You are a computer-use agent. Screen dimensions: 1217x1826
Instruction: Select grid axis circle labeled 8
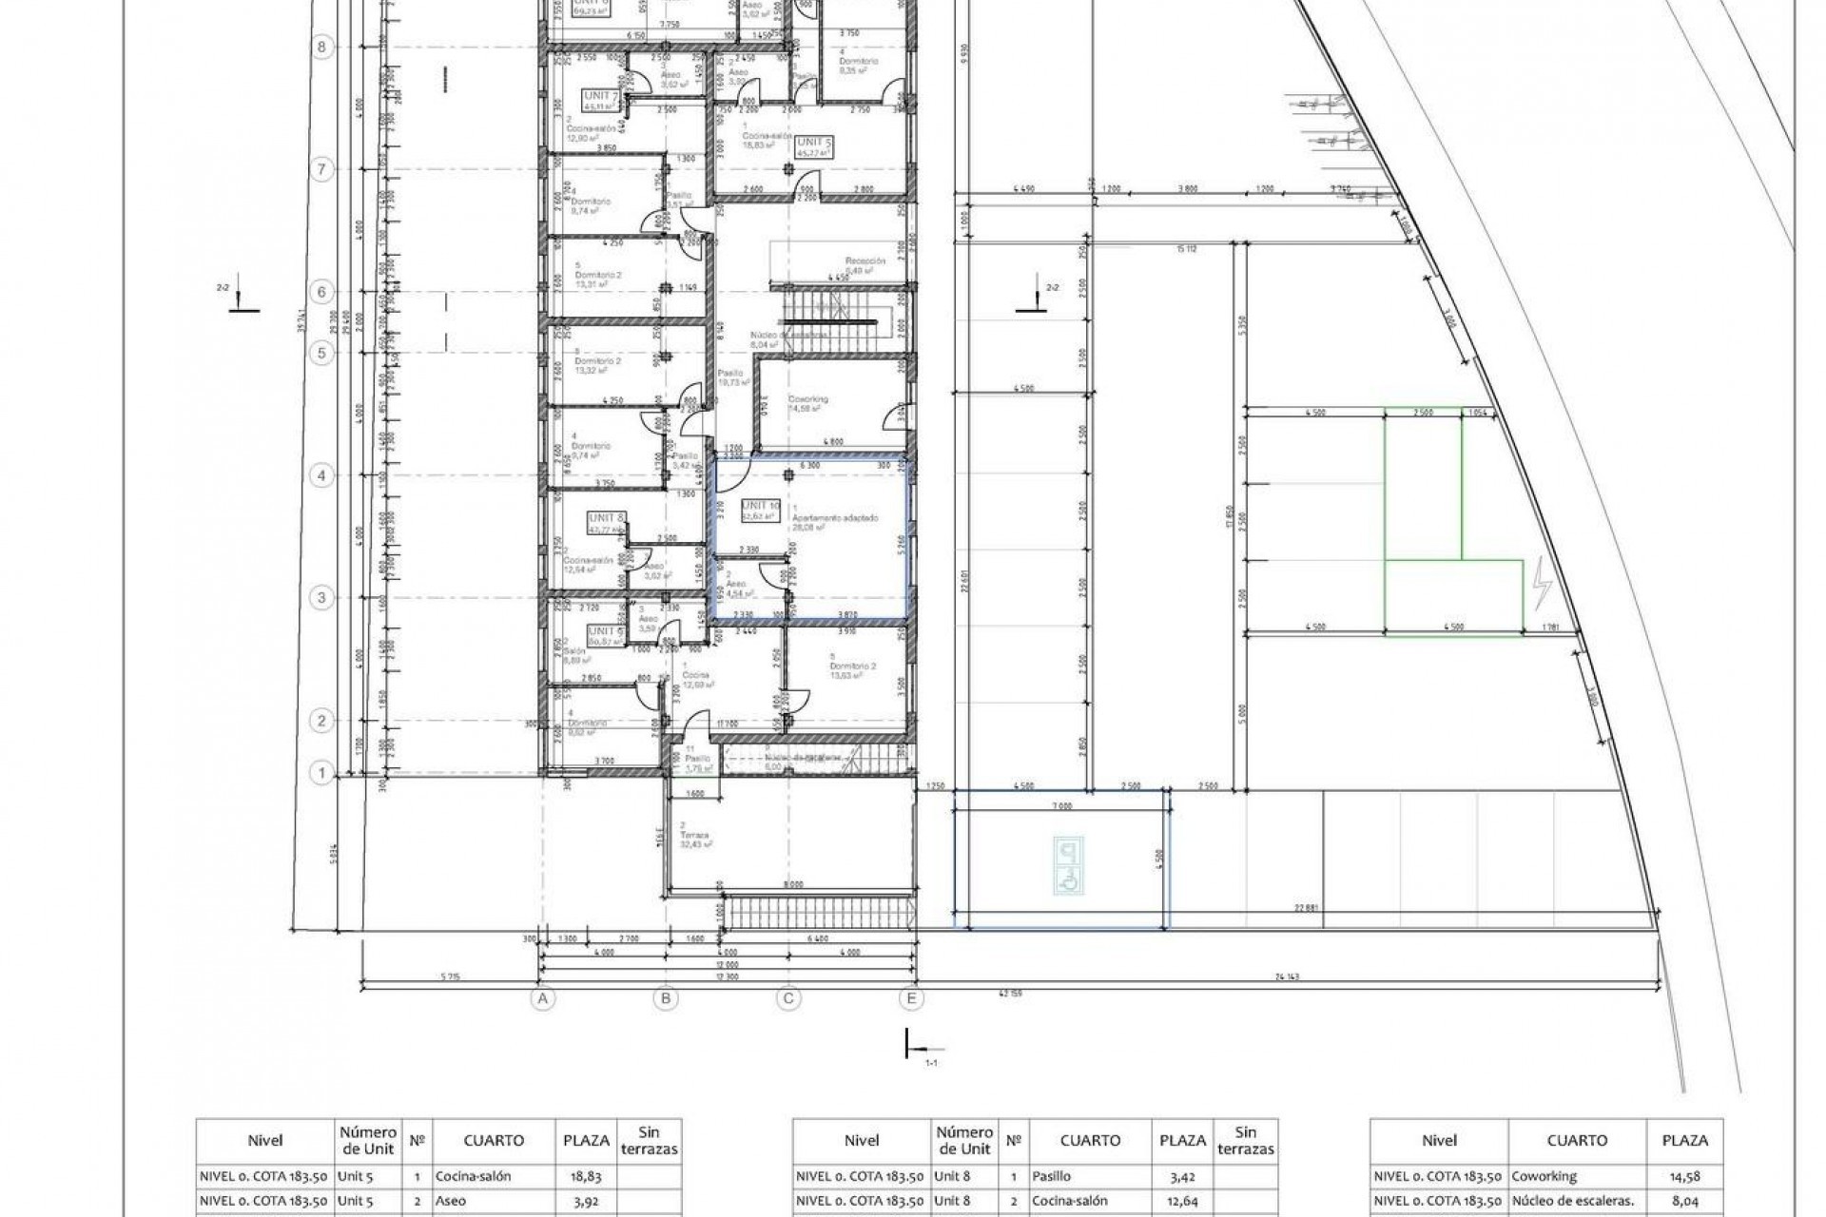321,47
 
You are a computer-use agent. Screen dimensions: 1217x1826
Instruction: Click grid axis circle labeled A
543,998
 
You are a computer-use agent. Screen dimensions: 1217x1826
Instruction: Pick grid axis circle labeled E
911,998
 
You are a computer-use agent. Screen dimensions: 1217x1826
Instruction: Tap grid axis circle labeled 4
321,475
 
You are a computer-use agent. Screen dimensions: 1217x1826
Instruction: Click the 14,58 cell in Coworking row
1684,1176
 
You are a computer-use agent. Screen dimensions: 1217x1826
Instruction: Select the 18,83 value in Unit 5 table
586,1176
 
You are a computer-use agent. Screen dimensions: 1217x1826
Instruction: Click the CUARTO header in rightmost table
1577,1141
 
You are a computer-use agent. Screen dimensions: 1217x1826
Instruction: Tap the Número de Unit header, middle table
963,1140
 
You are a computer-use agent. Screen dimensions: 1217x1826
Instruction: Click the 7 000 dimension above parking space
1061,805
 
